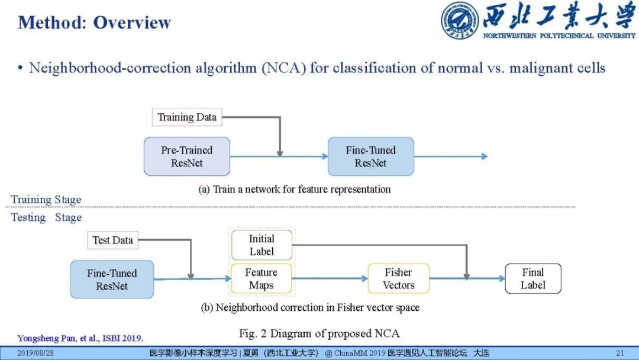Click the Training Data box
click(x=186, y=117)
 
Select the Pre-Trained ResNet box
click(x=187, y=157)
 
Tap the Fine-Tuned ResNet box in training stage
click(x=371, y=157)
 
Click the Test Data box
click(x=113, y=240)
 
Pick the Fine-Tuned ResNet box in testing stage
click(x=112, y=279)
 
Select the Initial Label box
click(x=262, y=245)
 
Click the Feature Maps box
click(x=262, y=279)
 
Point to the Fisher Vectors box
click(x=399, y=279)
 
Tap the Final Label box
click(x=532, y=279)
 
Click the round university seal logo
click(x=460, y=20)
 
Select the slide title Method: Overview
click(x=94, y=23)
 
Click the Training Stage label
click(x=46, y=200)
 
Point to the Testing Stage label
click(x=46, y=217)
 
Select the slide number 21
click(x=620, y=353)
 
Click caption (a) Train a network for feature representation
click(x=294, y=189)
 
